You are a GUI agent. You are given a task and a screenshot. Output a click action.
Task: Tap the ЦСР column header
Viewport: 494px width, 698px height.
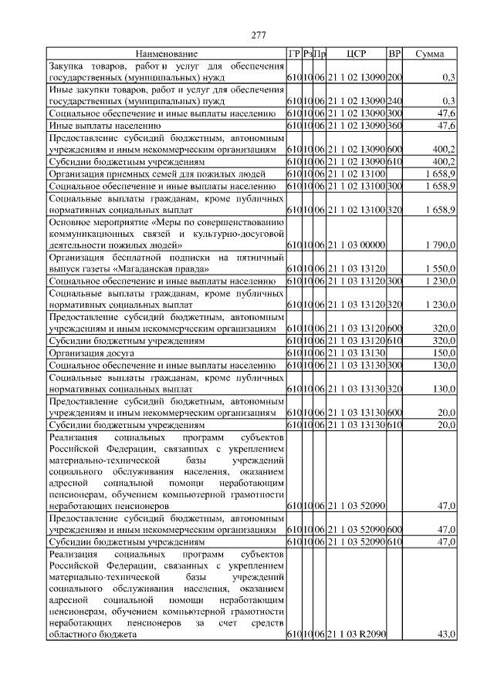pos(357,54)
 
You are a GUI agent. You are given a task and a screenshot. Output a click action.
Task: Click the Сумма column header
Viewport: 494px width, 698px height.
pos(430,54)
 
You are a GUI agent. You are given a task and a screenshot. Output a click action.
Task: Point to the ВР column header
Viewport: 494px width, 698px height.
pos(394,54)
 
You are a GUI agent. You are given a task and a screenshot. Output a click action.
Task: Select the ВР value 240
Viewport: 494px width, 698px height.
pos(394,101)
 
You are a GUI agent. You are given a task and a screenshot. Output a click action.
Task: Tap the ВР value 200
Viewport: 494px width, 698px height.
pos(394,78)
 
